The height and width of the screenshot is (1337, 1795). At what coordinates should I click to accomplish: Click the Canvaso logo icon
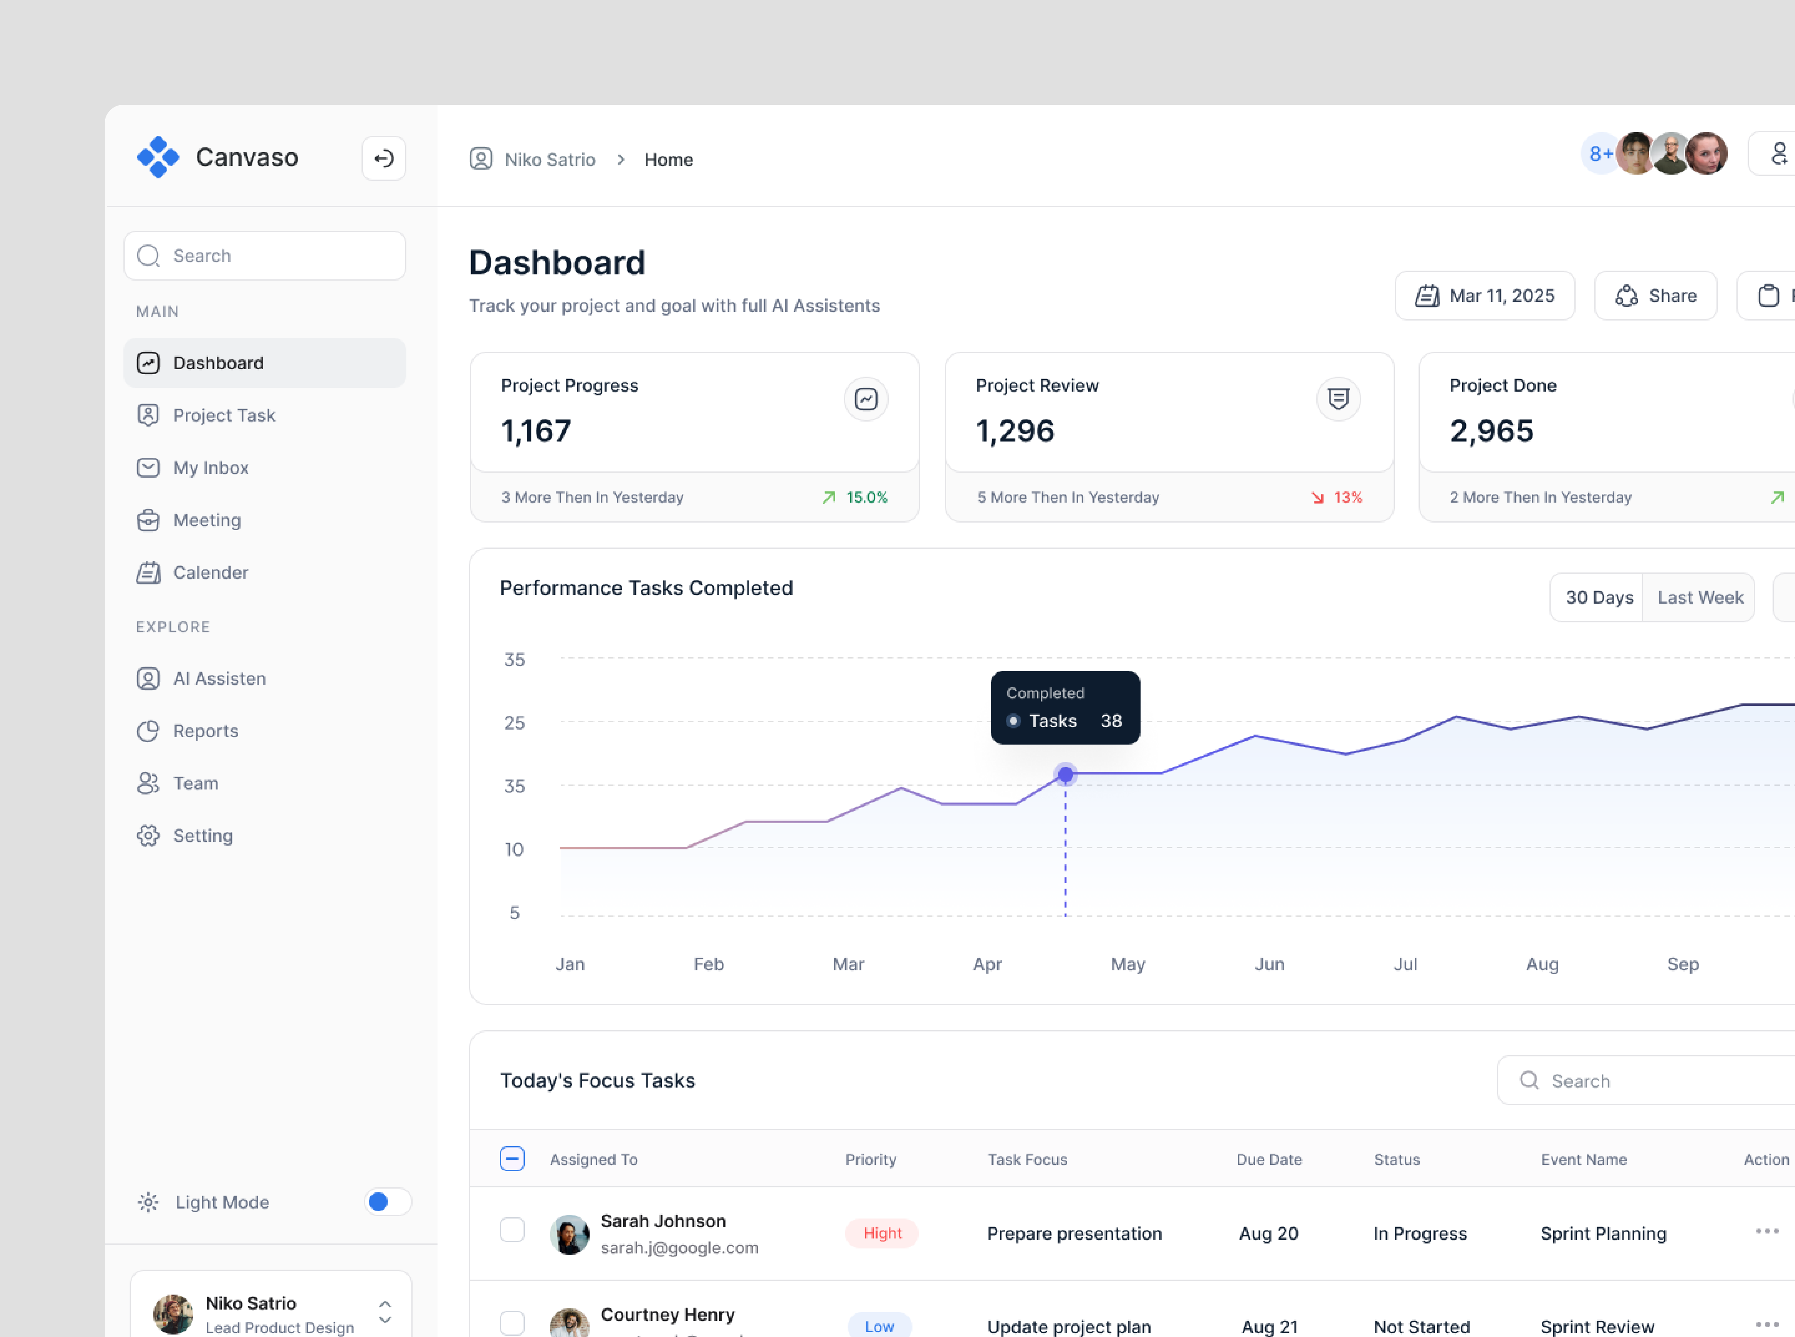click(158, 157)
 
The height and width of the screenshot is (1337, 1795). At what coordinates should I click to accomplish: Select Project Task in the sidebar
click(224, 415)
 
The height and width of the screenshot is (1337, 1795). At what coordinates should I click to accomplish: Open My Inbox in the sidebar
click(210, 468)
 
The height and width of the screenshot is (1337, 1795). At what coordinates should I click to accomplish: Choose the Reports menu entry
click(205, 731)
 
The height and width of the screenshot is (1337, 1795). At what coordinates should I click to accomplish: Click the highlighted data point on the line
click(1065, 775)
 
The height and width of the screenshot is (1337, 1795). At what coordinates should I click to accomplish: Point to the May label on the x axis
click(1128, 964)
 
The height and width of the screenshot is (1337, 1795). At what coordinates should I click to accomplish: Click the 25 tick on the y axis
click(514, 723)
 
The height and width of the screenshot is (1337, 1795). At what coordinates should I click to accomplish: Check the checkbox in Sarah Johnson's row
click(512, 1230)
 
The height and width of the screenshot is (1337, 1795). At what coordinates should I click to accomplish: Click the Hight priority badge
click(882, 1233)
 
